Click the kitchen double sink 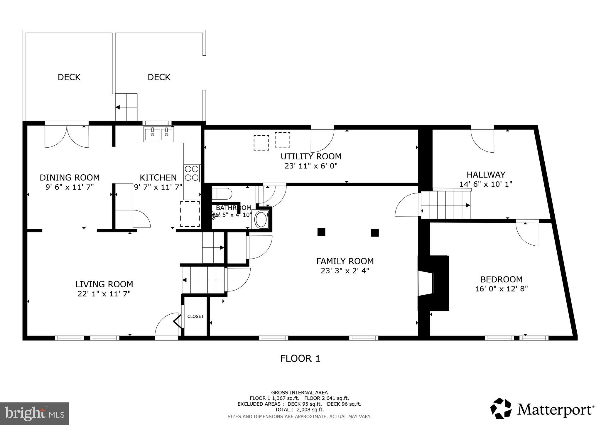(x=159, y=134)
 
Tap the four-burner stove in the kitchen (x=192, y=173)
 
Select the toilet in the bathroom (x=222, y=194)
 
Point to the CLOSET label (x=195, y=316)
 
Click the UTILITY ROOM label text (x=311, y=156)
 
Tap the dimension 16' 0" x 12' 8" (x=501, y=289)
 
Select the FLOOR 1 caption (x=300, y=358)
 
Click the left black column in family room (x=321, y=232)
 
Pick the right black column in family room (x=375, y=233)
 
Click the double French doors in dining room (x=67, y=136)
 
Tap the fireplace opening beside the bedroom (x=426, y=283)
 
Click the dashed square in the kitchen (x=190, y=214)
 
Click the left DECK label (x=69, y=77)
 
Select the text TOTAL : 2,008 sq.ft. (x=299, y=409)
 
